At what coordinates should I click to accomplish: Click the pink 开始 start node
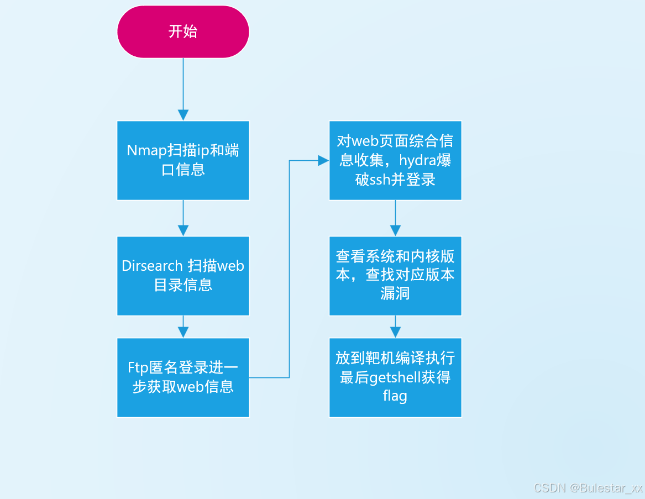pos(183,31)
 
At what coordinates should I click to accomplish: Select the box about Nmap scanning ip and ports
pos(183,160)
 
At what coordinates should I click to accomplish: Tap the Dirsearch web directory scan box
pos(183,276)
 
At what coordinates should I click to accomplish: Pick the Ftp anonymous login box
pos(183,377)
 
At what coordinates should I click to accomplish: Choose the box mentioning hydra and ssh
pos(395,160)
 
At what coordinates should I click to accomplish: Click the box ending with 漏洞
pos(395,276)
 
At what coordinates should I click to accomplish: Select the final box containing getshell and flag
pos(395,377)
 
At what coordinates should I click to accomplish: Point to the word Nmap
pos(147,151)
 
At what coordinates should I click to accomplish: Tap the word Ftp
pos(139,368)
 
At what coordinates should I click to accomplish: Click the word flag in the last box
pos(395,396)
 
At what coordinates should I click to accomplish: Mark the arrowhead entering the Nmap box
pos(183,115)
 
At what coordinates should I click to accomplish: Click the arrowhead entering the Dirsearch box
pos(183,230)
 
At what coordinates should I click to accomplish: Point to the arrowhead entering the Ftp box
pos(183,332)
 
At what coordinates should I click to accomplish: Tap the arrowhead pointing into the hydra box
pos(323,160)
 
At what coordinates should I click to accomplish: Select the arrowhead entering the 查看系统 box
pos(395,230)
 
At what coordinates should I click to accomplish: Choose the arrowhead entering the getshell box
pos(395,332)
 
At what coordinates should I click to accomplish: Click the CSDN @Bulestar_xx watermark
pos(588,488)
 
